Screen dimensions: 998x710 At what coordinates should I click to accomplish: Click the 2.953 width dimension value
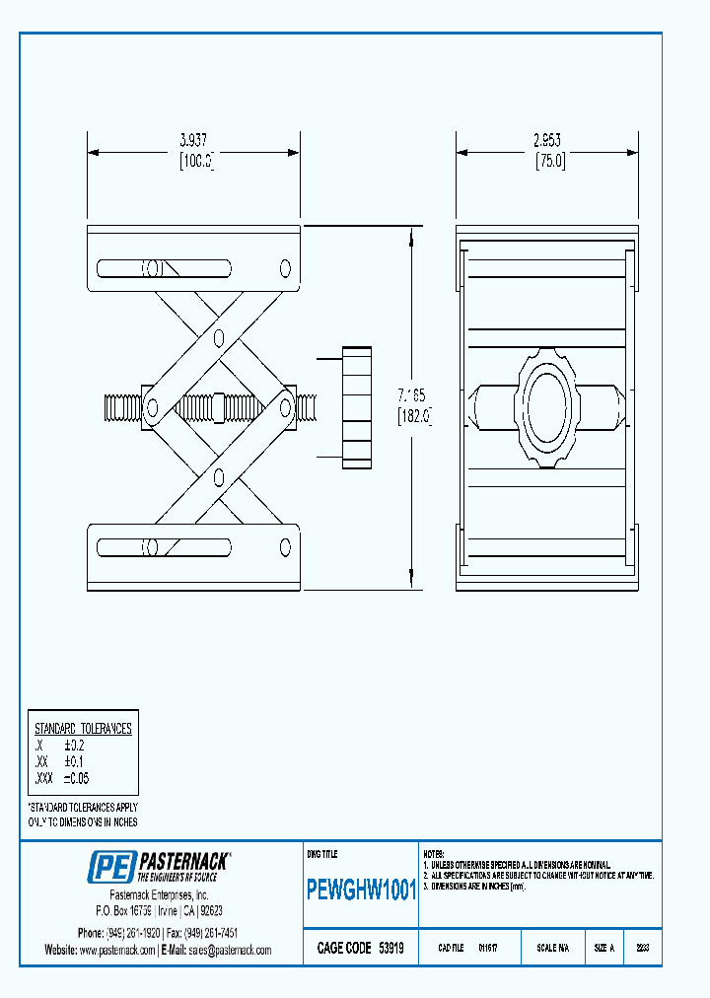[548, 139]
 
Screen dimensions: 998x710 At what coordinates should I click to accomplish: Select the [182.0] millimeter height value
[414, 416]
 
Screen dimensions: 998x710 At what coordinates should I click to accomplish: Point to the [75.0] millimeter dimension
[549, 162]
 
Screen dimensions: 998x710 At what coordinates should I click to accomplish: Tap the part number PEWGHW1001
[362, 891]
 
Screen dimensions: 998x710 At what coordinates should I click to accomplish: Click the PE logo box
[109, 866]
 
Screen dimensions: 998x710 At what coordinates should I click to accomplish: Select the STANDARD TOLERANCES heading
[83, 729]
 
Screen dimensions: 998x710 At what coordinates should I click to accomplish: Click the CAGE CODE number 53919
[391, 948]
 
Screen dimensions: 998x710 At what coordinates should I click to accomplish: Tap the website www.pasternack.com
[117, 950]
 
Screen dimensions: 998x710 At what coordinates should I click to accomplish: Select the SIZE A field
[604, 948]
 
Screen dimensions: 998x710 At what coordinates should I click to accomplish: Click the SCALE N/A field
[552, 948]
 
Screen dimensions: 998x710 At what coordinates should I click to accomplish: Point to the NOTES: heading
[434, 853]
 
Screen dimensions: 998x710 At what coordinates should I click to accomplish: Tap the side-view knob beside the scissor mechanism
[357, 406]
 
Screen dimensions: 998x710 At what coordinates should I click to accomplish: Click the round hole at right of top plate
[286, 268]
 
